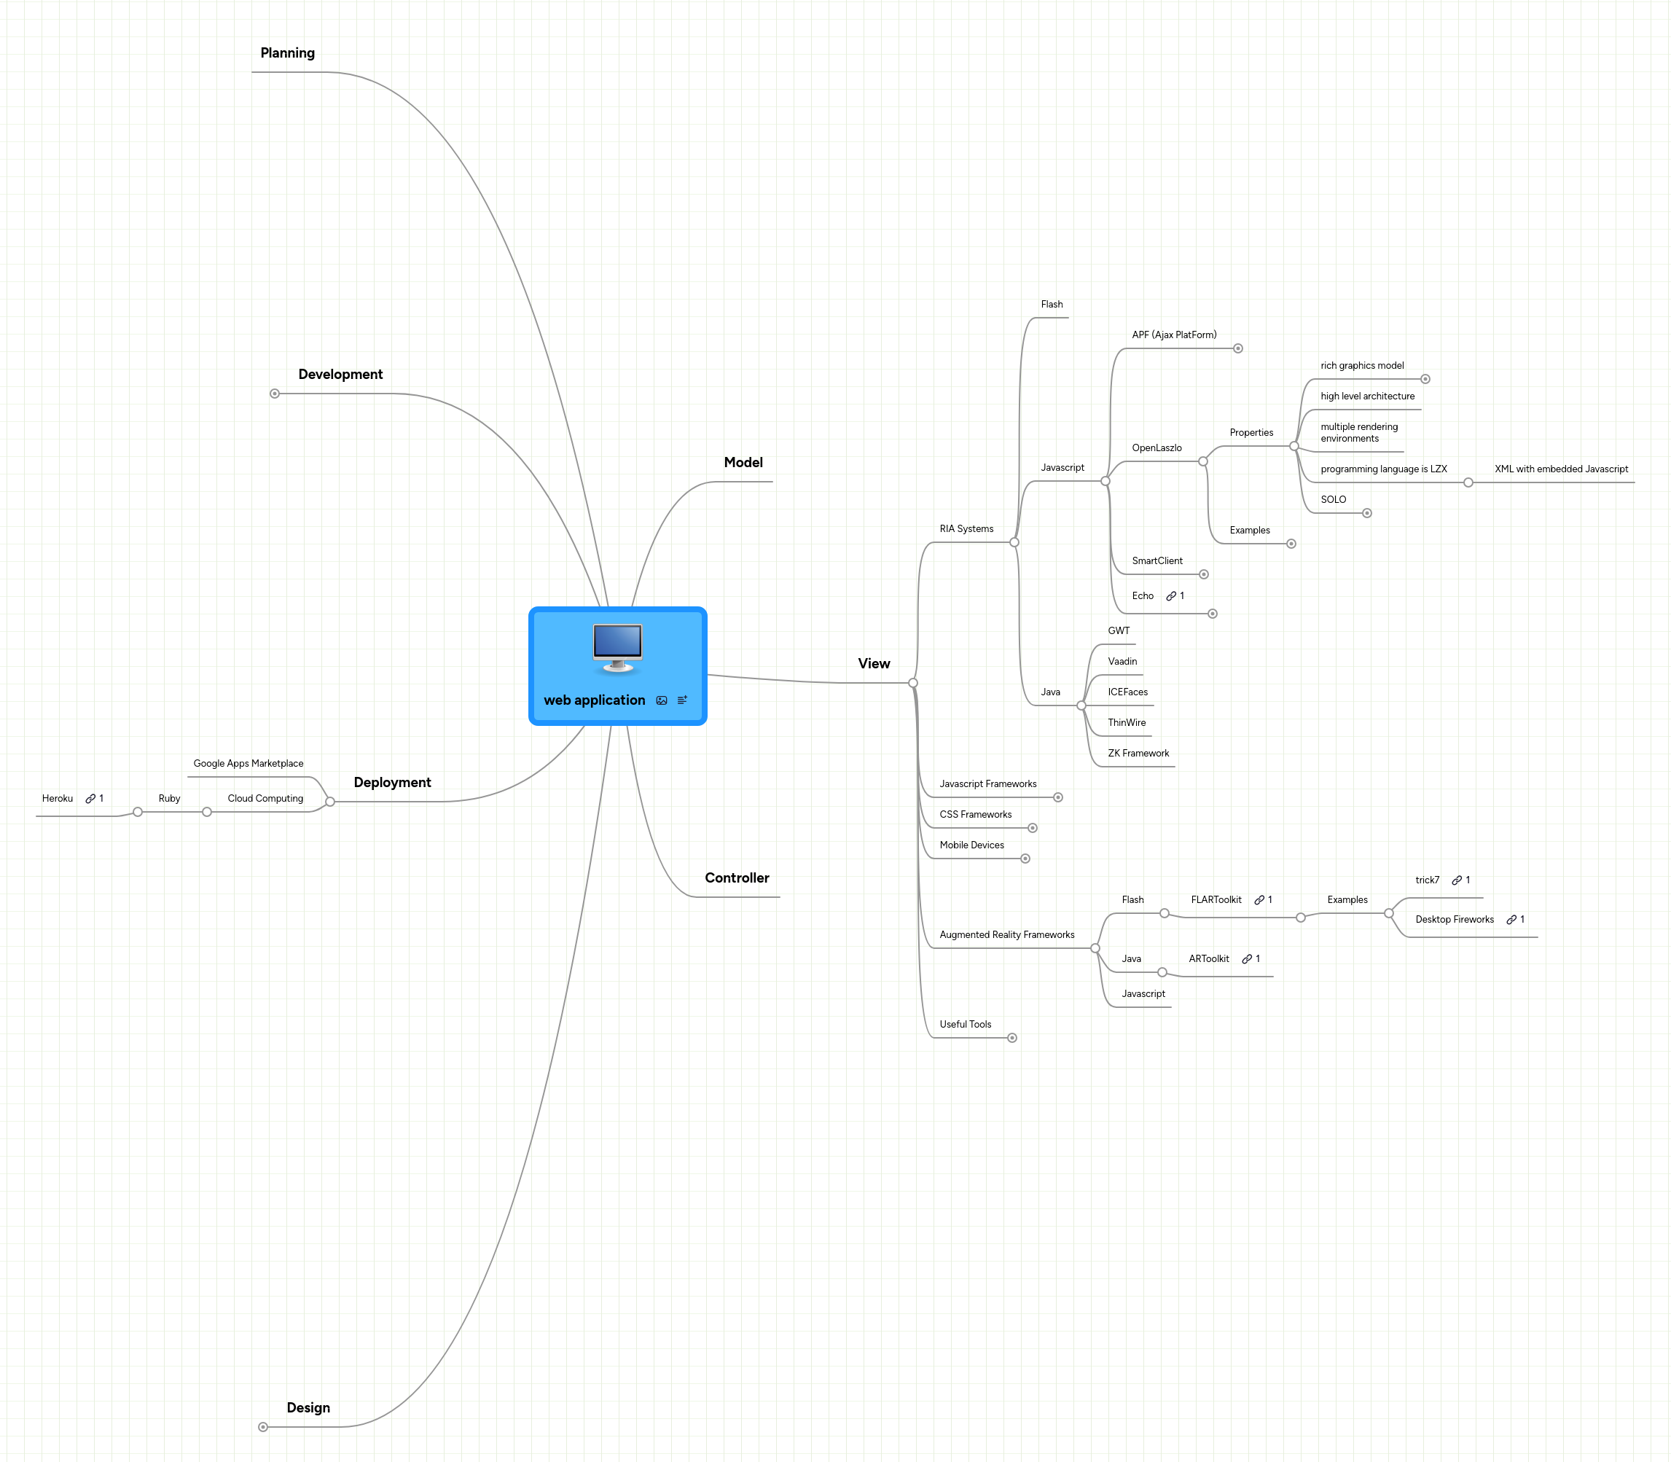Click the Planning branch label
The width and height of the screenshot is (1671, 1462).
pos(287,53)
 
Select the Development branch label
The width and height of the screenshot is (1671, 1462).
pos(340,375)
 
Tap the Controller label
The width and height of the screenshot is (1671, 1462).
pos(737,877)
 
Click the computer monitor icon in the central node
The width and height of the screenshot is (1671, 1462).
pos(618,648)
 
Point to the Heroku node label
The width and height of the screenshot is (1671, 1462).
pos(57,799)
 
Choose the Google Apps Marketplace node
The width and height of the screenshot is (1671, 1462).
pos(248,764)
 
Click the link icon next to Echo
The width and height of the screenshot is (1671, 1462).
pos(1171,596)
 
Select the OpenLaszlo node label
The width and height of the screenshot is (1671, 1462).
pos(1157,448)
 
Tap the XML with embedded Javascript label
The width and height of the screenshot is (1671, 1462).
pos(1561,469)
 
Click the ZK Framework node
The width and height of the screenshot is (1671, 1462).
pos(1138,753)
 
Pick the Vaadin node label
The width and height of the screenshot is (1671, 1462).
pos(1122,662)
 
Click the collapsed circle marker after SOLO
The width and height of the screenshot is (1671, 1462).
pos(1366,513)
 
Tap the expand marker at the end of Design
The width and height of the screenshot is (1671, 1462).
pos(263,1427)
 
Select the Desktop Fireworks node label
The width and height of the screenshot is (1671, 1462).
pos(1454,920)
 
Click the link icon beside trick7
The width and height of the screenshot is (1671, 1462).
pos(1457,880)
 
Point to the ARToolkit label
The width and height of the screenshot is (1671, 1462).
pos(1208,958)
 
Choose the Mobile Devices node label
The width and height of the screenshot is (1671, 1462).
pos(971,845)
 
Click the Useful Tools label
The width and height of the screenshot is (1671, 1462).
pos(966,1025)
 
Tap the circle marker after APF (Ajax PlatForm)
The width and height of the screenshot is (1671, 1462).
pos(1237,348)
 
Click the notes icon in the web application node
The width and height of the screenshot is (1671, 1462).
pos(682,700)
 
